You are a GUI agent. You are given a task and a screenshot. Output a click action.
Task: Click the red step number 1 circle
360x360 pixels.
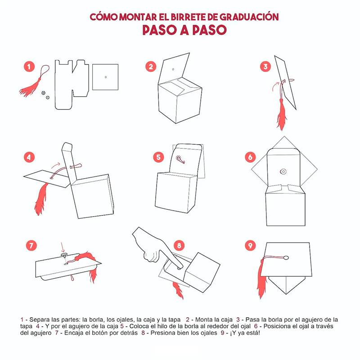pyautogui.click(x=29, y=67)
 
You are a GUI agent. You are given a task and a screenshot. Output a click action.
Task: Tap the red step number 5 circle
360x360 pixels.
pyautogui.click(x=158, y=157)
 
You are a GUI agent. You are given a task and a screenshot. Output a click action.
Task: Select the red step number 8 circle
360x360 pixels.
pyautogui.click(x=179, y=246)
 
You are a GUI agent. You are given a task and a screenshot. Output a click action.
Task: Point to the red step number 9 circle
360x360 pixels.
pyautogui.click(x=250, y=246)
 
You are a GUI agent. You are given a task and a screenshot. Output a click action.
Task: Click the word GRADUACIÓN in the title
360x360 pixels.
pyautogui.click(x=249, y=17)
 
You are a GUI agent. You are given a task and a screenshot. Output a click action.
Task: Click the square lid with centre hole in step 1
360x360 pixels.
pyautogui.click(x=105, y=77)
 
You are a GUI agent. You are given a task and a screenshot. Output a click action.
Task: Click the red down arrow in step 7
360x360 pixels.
pyautogui.click(x=62, y=247)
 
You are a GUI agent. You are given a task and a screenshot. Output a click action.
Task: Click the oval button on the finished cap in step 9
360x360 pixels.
pyautogui.click(x=286, y=257)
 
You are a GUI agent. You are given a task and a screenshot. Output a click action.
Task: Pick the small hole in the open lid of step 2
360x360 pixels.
pyautogui.click(x=173, y=69)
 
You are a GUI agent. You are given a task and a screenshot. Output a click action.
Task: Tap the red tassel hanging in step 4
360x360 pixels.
pyautogui.click(x=41, y=198)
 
